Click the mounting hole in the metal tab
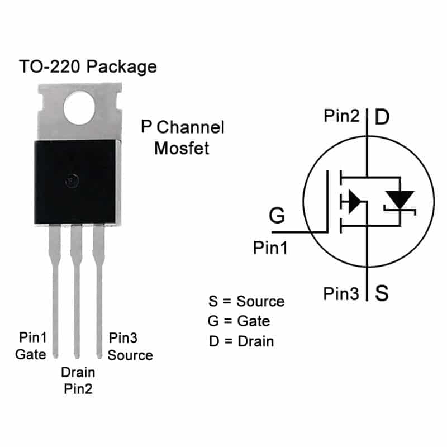pyautogui.click(x=79, y=108)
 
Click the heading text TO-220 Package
pyautogui.click(x=88, y=67)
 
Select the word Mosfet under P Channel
pyautogui.click(x=182, y=148)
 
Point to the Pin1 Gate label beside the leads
pyautogui.click(x=31, y=346)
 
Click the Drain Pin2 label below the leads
pyautogui.click(x=78, y=381)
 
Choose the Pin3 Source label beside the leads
pyautogui.click(x=130, y=346)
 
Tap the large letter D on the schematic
pyautogui.click(x=382, y=117)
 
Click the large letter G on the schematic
pyautogui.click(x=277, y=215)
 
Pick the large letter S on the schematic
pyautogui.click(x=382, y=293)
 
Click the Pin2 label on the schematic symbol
pyautogui.click(x=341, y=116)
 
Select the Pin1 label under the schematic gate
pyautogui.click(x=270, y=248)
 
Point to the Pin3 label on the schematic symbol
pyautogui.click(x=341, y=294)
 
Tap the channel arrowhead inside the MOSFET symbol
pyautogui.click(x=354, y=202)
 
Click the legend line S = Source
pyautogui.click(x=246, y=301)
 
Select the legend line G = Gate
pyautogui.click(x=239, y=321)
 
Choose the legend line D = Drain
pyautogui.click(x=241, y=341)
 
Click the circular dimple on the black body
pyautogui.click(x=72, y=181)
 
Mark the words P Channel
pyautogui.click(x=183, y=127)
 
